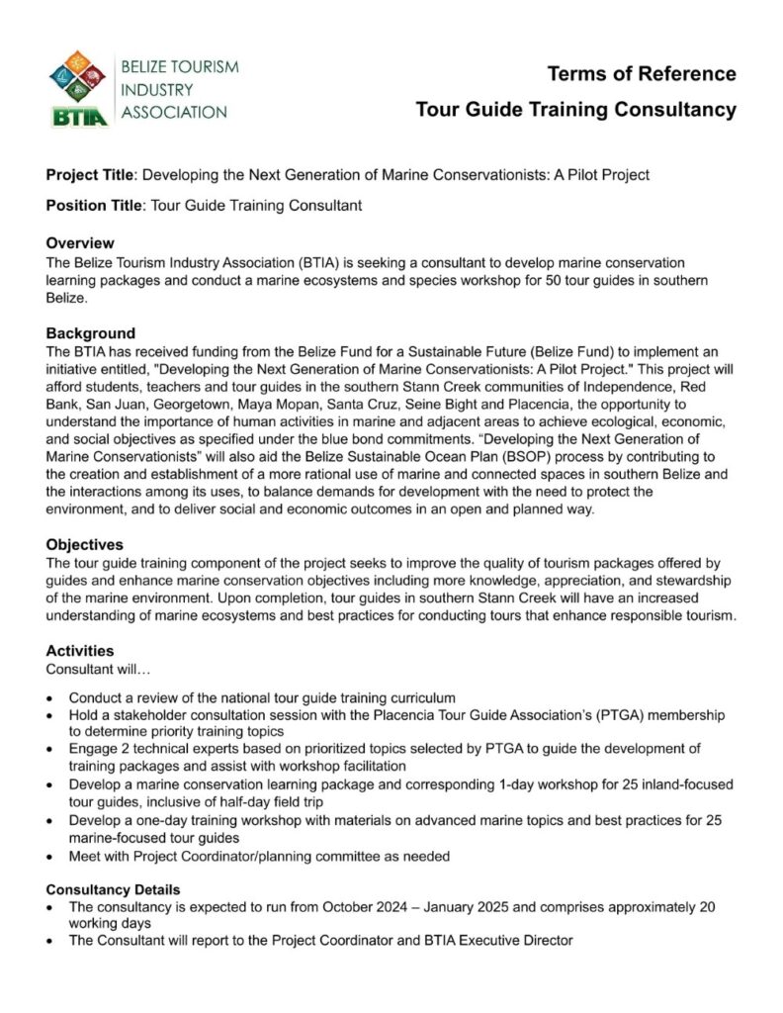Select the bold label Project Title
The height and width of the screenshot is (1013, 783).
point(89,175)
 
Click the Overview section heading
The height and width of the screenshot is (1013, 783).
point(80,243)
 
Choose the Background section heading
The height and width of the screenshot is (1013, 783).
point(91,333)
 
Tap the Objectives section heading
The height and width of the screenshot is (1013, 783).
point(85,544)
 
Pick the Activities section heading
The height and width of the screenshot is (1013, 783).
point(80,651)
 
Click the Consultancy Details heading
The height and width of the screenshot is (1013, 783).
point(113,889)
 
